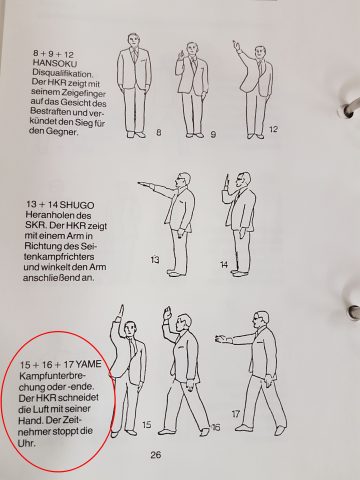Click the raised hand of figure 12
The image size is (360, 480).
point(237,44)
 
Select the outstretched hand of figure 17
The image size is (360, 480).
point(218,338)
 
